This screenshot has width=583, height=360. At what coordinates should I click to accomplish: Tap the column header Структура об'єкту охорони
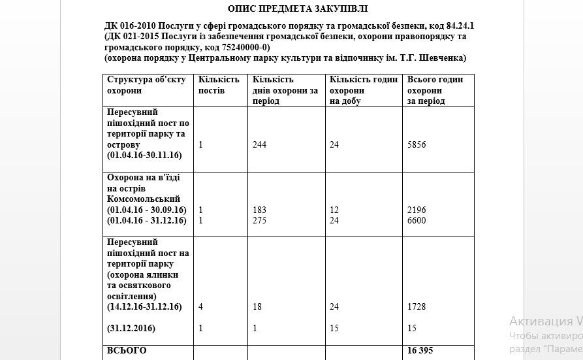coord(146,85)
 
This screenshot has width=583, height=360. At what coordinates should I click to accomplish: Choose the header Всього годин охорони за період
coord(435,90)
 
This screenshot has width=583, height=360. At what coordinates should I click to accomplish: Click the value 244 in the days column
coord(259,144)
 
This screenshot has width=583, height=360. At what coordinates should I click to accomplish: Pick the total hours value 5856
coord(416,144)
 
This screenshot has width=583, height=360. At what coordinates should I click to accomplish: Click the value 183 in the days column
coord(259,210)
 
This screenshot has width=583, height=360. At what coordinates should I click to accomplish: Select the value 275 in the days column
coord(259,220)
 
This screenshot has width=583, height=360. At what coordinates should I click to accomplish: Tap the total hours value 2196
coord(416,210)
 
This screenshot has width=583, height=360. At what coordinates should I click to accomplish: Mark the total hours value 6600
coord(416,220)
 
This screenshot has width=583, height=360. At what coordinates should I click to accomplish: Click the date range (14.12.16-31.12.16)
coord(144,306)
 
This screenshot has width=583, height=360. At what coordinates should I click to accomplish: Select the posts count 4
coord(201,306)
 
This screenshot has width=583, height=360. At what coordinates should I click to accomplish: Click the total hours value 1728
coord(416,306)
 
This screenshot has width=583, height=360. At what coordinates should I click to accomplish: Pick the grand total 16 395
coord(420,351)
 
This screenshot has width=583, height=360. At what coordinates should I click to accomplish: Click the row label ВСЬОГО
coord(127,351)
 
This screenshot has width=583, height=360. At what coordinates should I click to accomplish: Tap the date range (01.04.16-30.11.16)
coord(144,155)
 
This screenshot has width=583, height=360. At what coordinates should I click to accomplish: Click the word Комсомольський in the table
coord(143,199)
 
